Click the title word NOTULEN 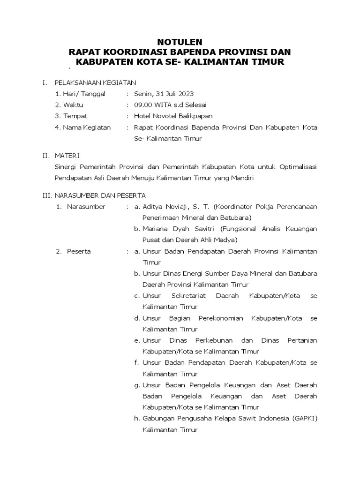pyautogui.click(x=180, y=41)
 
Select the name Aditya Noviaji pyautogui.click(x=164, y=206)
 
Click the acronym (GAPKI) pyautogui.click(x=306, y=418)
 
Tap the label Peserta pyautogui.click(x=79, y=251)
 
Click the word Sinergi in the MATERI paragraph pyautogui.click(x=66, y=167)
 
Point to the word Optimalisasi pyautogui.click(x=298, y=167)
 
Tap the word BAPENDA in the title pyautogui.click(x=184, y=51)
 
